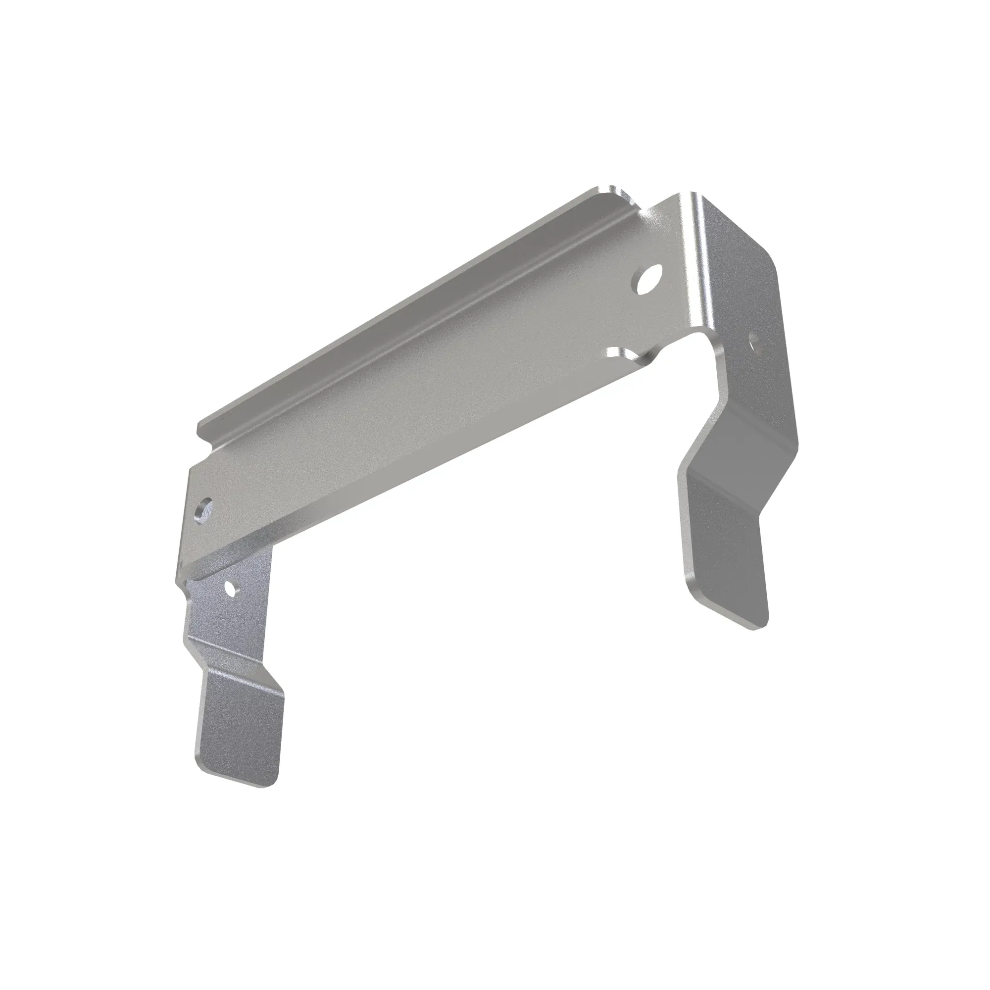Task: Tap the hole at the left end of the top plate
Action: click(x=204, y=509)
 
